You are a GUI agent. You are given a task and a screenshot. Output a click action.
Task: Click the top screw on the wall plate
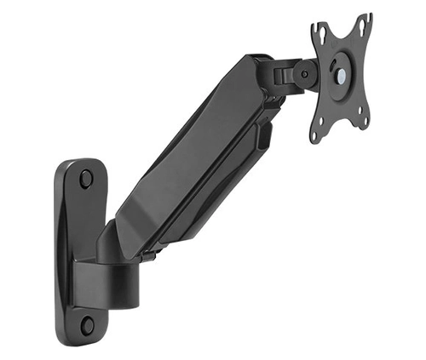click(x=86, y=179)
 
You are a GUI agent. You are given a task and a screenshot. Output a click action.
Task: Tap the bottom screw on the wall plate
click(x=86, y=324)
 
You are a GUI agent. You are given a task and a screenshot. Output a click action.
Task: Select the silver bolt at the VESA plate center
click(x=340, y=75)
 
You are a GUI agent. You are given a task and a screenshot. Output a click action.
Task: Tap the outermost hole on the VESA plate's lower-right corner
click(x=365, y=125)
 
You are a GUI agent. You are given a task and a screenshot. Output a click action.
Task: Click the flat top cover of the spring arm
click(x=187, y=145)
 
